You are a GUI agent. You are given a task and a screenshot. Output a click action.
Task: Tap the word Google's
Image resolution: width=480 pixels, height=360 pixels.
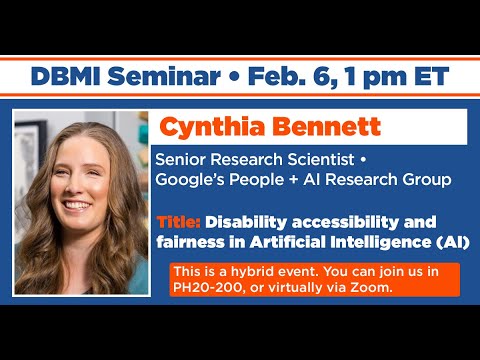pyautogui.click(x=192, y=179)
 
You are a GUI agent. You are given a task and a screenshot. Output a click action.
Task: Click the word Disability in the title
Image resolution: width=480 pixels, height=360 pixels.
pyautogui.click(x=249, y=221)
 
